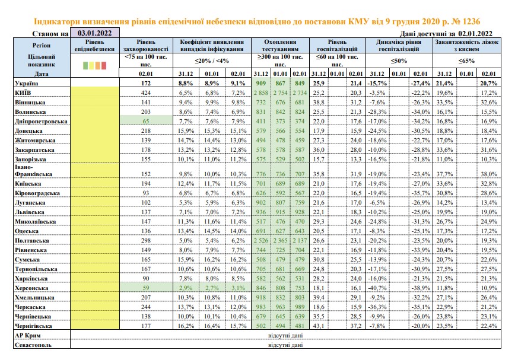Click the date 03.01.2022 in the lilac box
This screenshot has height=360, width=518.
tap(94, 33)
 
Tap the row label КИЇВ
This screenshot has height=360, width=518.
tap(23, 93)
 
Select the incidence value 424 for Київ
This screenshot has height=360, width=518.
tap(146, 93)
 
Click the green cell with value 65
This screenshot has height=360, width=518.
tap(146, 121)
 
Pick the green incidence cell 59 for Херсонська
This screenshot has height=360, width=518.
tap(146, 288)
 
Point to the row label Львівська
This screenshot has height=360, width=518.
tap(30, 212)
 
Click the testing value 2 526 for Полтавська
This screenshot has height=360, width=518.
tap(261, 240)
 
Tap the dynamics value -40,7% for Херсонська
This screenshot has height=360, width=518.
tap(377, 288)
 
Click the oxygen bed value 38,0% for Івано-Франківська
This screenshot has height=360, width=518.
tap(489, 174)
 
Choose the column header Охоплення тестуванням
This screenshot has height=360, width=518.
tap(280, 46)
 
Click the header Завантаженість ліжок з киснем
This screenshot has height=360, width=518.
tap(467, 46)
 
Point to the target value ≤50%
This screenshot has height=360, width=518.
tap(399, 60)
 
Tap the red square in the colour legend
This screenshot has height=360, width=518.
tap(104, 65)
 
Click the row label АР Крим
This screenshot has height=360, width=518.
tap(28, 336)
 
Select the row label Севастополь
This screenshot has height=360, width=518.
tap(33, 345)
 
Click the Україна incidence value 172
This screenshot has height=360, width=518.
tap(146, 83)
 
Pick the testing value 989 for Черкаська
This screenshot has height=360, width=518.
tap(300, 307)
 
